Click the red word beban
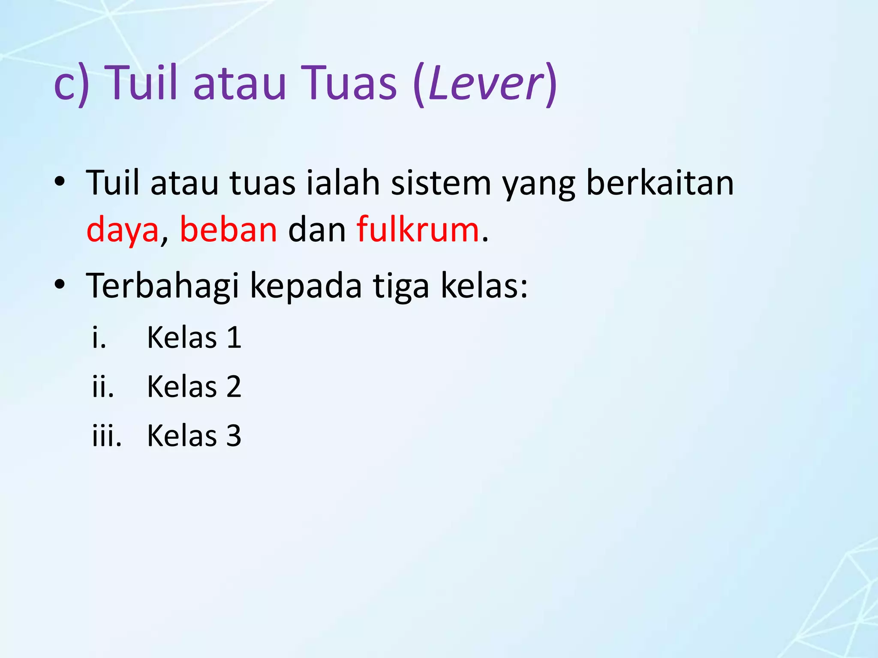(x=228, y=230)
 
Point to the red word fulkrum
(x=418, y=230)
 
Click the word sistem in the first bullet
(x=441, y=183)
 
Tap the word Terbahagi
(x=162, y=286)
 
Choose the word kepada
(x=306, y=286)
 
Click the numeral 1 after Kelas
(x=234, y=338)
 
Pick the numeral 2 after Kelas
(x=234, y=387)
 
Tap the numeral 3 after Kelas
(x=234, y=436)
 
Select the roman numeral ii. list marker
(x=103, y=387)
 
